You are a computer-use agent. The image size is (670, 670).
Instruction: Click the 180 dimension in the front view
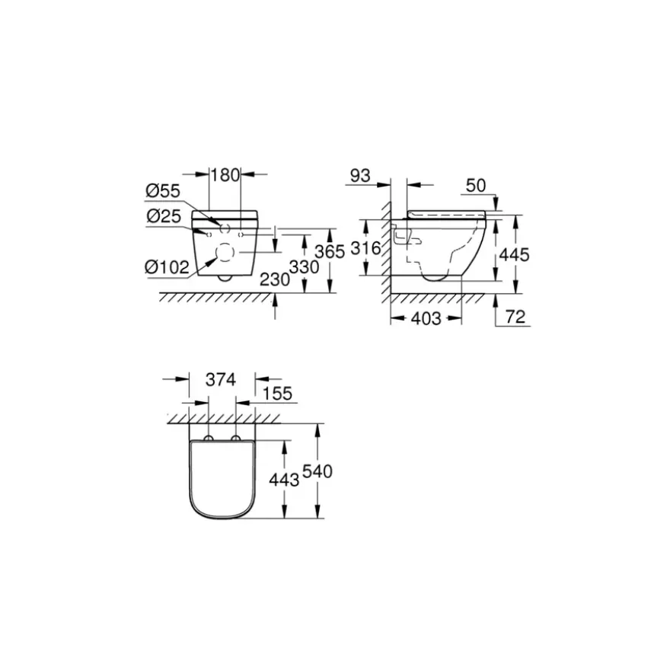coord(225,175)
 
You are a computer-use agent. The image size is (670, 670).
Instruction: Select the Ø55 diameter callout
coord(163,191)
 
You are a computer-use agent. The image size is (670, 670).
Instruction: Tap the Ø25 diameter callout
coord(164,216)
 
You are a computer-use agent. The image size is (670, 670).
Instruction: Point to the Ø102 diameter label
coord(167,267)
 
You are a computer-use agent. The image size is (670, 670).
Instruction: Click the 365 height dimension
coord(330,252)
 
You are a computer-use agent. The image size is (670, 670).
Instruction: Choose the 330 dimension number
coord(305,267)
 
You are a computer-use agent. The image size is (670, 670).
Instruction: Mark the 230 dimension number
coord(275,280)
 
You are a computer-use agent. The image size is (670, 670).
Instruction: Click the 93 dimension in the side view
coord(360,176)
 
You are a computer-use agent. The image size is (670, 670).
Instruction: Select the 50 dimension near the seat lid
coord(476,186)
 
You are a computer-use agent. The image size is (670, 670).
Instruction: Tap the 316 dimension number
coord(365,248)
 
